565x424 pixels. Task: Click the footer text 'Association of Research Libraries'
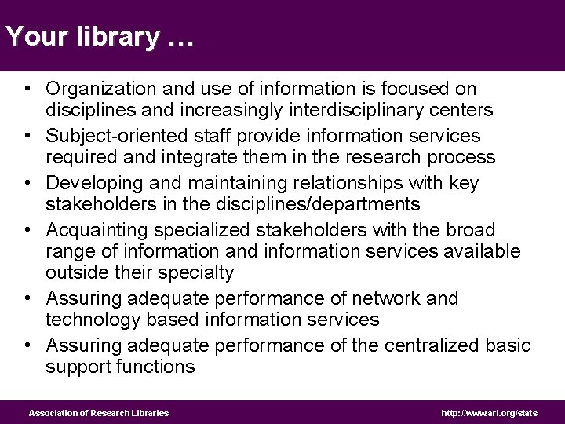[99, 412]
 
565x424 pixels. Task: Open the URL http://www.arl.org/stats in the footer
[490, 412]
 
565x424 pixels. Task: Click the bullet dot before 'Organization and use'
[27, 90]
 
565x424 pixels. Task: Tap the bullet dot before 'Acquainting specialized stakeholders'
[27, 230]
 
